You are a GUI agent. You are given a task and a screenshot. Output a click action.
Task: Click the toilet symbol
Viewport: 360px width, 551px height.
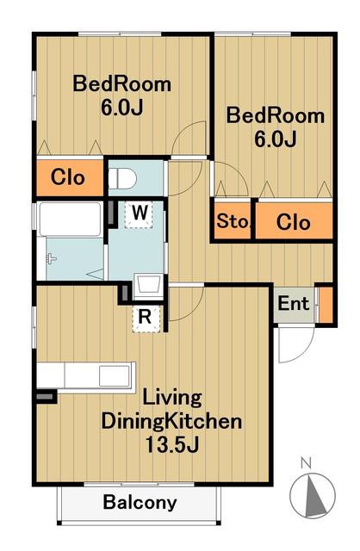(122, 178)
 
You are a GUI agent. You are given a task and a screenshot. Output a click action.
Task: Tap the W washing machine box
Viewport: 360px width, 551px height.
(140, 214)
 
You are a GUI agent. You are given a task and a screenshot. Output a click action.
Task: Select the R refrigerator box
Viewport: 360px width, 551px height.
(146, 318)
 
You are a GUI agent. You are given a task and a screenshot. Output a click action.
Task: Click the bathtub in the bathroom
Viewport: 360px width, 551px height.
(70, 220)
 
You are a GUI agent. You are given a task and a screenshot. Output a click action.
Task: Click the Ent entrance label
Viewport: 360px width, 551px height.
(293, 303)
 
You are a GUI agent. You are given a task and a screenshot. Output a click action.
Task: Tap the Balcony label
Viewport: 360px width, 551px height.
(140, 503)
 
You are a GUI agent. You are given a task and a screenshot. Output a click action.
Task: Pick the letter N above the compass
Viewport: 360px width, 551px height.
(307, 463)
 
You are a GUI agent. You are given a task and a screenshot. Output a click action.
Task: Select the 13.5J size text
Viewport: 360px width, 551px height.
(172, 445)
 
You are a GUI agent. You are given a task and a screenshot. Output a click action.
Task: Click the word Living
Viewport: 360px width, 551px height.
(172, 399)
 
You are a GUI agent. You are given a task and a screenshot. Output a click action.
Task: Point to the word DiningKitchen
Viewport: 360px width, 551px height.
(171, 421)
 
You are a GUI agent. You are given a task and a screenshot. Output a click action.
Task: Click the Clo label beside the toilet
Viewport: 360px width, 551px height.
(68, 177)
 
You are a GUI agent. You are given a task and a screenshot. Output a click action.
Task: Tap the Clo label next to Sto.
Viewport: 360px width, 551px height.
(293, 222)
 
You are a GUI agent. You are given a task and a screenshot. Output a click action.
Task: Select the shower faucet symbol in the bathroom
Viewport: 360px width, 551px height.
(52, 259)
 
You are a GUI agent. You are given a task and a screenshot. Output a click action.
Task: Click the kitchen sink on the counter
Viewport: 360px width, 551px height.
(114, 376)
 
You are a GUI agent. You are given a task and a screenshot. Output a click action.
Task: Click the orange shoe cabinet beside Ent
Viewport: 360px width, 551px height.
(326, 305)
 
